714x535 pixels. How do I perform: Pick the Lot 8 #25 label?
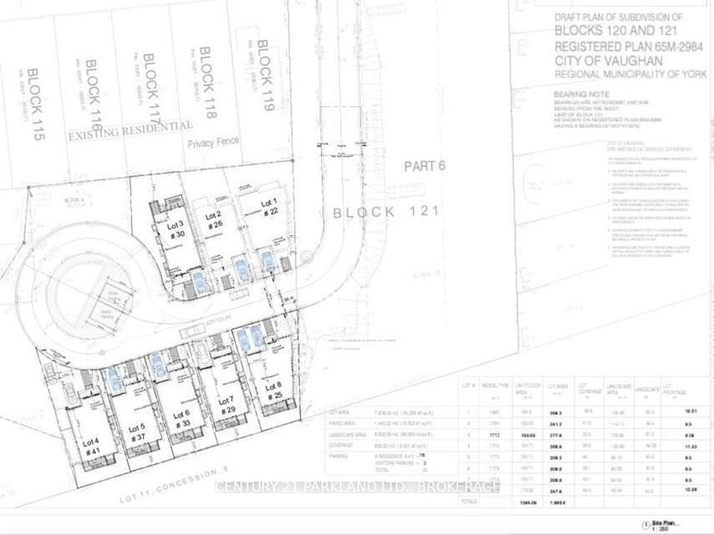tap(273, 391)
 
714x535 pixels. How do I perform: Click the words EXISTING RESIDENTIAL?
tap(131, 132)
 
